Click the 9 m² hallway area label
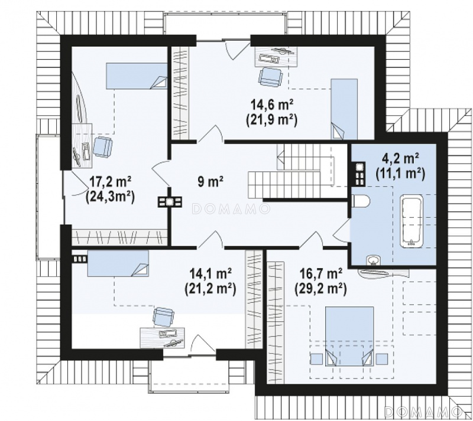pyautogui.click(x=210, y=181)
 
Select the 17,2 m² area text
pyautogui.click(x=110, y=182)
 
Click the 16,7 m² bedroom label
pyautogui.click(x=320, y=274)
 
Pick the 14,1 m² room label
pyautogui.click(x=210, y=274)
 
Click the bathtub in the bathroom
pyautogui.click(x=411, y=221)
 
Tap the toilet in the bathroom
pyautogui.click(x=361, y=201)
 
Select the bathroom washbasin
pyautogui.click(x=374, y=260)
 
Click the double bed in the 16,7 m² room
pyautogui.click(x=349, y=336)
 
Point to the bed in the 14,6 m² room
pyautogui.click(x=344, y=109)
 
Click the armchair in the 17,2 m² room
pyautogui.click(x=102, y=147)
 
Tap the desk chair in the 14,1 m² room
pyautogui.click(x=164, y=317)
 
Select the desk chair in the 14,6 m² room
pyautogui.click(x=270, y=77)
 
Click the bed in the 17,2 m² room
pyautogui.click(x=137, y=76)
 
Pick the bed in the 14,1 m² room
pyautogui.click(x=118, y=263)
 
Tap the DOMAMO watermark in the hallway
pyautogui.click(x=231, y=209)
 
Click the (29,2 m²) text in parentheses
pyautogui.click(x=320, y=289)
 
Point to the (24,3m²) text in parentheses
pyautogui.click(x=110, y=197)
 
